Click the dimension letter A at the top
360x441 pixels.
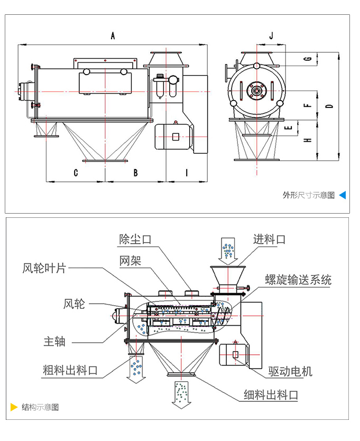(113, 36)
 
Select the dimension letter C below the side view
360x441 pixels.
(76, 173)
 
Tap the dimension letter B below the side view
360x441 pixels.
(135, 173)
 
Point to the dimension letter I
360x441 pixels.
(186, 173)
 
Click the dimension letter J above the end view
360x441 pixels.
(271, 36)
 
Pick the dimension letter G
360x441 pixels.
(307, 59)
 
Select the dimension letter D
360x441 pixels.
(329, 106)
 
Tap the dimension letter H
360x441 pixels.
(307, 141)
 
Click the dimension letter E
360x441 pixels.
(289, 127)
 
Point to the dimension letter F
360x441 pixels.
(307, 105)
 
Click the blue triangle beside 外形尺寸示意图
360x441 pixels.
(342, 195)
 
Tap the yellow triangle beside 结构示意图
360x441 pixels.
(14, 407)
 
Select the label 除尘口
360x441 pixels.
(135, 239)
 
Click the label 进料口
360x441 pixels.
(270, 239)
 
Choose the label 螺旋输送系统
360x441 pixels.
(298, 280)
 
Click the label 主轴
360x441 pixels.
(54, 342)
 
